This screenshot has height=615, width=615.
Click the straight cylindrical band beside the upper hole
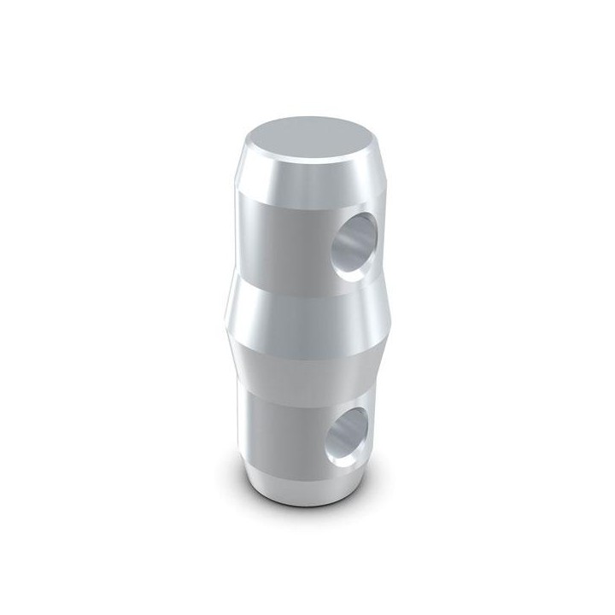pos(282,231)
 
